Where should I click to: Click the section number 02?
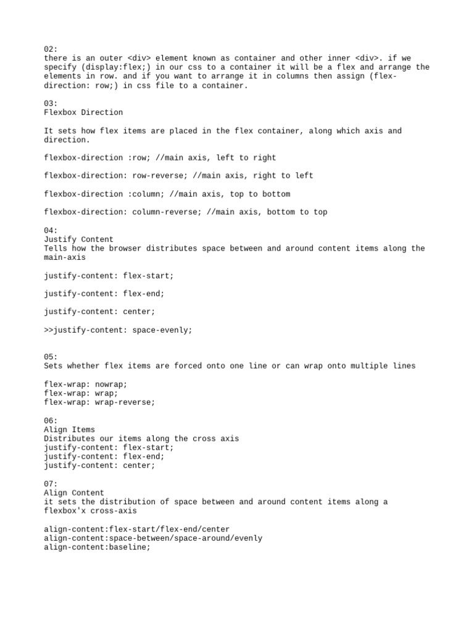(x=51, y=49)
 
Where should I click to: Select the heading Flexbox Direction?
(x=83, y=112)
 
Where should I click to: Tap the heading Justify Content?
(x=78, y=239)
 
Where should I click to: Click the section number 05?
(x=51, y=357)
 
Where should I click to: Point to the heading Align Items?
(x=69, y=430)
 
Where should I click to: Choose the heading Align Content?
(x=74, y=493)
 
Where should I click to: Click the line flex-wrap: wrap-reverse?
(x=99, y=402)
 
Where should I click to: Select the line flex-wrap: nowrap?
(x=86, y=384)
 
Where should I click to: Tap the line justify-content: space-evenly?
(x=118, y=330)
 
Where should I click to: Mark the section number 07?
(x=51, y=484)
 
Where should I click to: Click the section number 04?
(x=51, y=230)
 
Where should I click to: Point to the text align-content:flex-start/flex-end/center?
(x=136, y=530)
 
